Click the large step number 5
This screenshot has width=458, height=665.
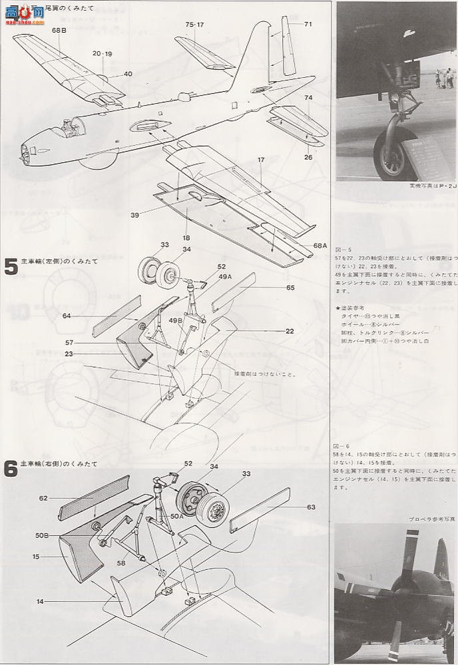pos(11,266)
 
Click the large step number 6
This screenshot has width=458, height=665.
pos(11,468)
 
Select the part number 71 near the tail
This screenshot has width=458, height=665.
pos(308,25)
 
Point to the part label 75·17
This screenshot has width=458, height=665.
pos(194,25)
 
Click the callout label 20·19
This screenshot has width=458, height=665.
pos(103,53)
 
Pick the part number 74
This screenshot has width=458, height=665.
pos(308,97)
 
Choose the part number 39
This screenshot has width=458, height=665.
pos(134,215)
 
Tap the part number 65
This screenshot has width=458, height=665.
pos(290,287)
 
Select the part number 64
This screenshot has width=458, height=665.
pos(67,316)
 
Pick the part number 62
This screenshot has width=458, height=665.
pos(44,497)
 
